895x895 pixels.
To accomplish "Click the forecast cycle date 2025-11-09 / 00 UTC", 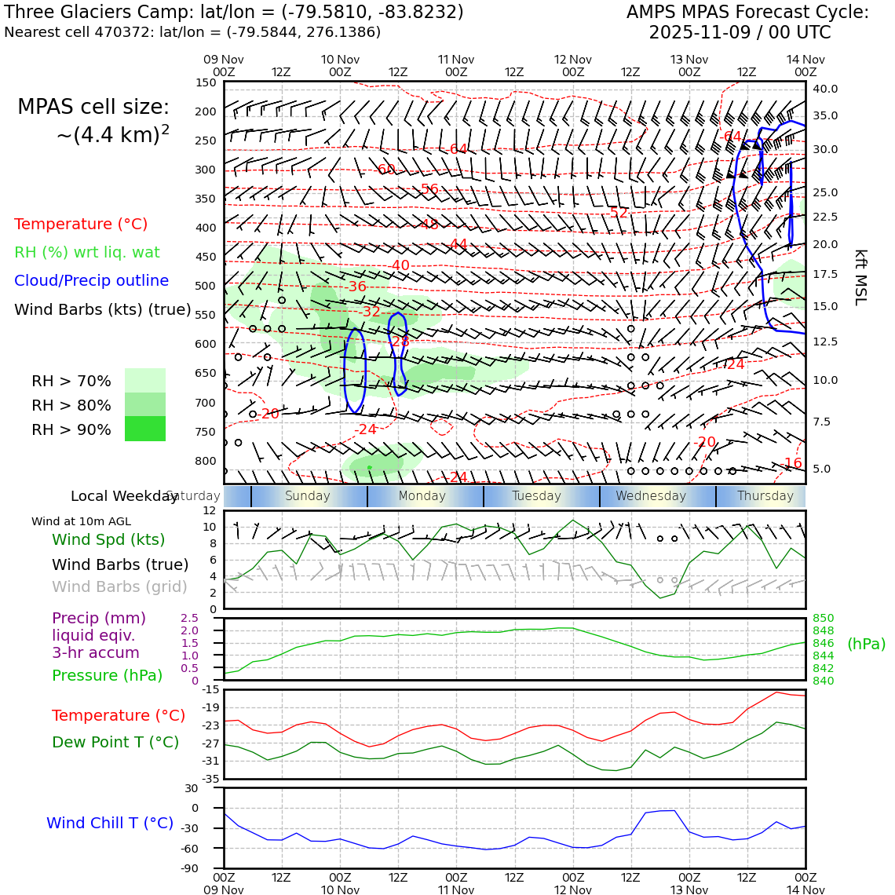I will point(739,33).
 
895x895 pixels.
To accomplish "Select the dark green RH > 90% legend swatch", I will point(145,429).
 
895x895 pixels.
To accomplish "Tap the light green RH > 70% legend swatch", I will point(145,380).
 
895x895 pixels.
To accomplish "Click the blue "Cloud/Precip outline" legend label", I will point(91,280).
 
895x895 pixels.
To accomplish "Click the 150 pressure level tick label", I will point(205,82).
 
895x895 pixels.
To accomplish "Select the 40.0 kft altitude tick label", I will point(825,89).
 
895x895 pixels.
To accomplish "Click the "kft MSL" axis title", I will point(860,277).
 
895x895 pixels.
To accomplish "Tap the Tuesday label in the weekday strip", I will point(536,496).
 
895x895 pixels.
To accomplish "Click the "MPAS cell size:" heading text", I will point(93,108).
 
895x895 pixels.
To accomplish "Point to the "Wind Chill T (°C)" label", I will point(110,823).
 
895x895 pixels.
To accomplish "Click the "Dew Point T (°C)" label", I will point(115,742).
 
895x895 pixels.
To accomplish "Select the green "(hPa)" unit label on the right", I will point(866,644).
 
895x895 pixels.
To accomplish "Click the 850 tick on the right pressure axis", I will point(823,619).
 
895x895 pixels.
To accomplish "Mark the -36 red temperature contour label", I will point(356,287).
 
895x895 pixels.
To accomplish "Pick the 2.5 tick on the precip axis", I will point(189,619).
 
